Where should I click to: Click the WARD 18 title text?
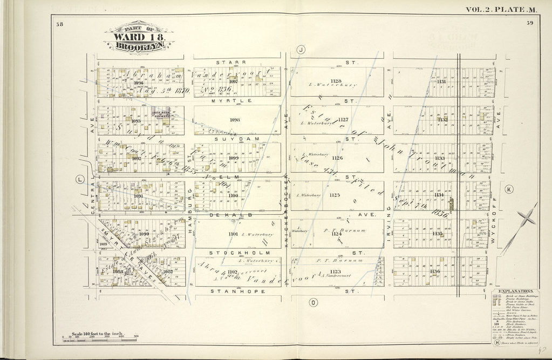tap(139, 37)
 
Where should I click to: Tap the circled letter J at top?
tap(301, 50)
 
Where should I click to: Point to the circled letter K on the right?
tap(509, 189)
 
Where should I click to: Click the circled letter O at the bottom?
tap(312, 302)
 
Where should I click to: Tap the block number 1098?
tap(234, 119)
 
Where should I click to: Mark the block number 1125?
tap(335, 194)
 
